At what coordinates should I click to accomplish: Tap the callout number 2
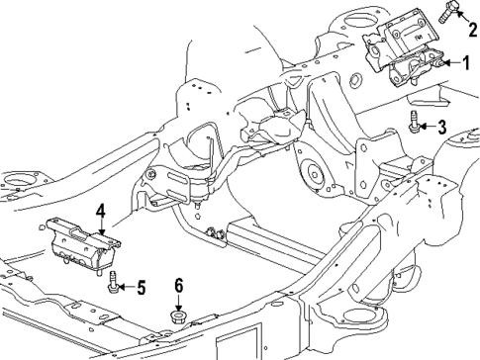[471, 29]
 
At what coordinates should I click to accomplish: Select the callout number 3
[442, 126]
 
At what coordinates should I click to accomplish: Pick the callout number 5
[141, 288]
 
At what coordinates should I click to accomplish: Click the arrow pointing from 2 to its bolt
[458, 21]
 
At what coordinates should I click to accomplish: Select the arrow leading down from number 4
[100, 225]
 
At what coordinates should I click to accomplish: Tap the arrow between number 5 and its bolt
[128, 288]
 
